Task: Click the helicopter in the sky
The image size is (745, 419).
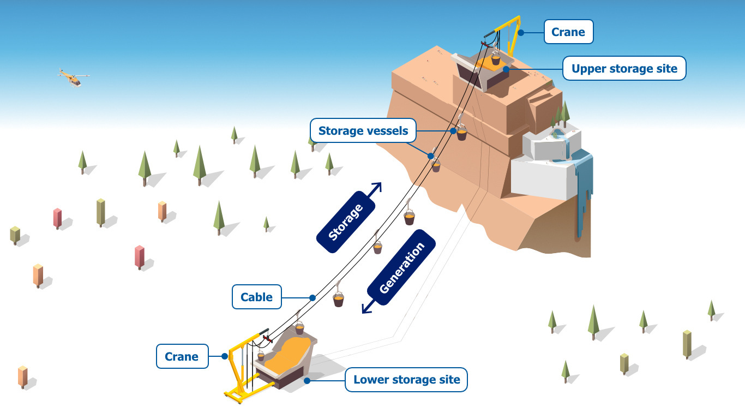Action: pyautogui.click(x=74, y=79)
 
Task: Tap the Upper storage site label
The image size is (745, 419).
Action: pyautogui.click(x=624, y=69)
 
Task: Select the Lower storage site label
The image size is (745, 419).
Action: pyautogui.click(x=406, y=380)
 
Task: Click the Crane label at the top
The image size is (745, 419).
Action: pyautogui.click(x=568, y=32)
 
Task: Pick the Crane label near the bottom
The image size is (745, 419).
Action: pyautogui.click(x=182, y=356)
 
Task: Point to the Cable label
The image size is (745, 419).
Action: pyautogui.click(x=256, y=297)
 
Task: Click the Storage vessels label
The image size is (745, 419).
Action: pyautogui.click(x=363, y=131)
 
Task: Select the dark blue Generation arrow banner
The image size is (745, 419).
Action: pyautogui.click(x=401, y=268)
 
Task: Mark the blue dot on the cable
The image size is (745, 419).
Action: pyautogui.click(x=313, y=298)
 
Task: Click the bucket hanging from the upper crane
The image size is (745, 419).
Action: pyautogui.click(x=495, y=58)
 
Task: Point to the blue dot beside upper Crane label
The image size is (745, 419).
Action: pyautogui.click(x=521, y=33)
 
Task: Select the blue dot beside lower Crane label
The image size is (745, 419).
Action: pyautogui.click(x=224, y=356)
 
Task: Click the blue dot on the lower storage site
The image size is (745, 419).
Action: pyautogui.click(x=308, y=380)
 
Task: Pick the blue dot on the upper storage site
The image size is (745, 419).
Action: pyautogui.click(x=506, y=69)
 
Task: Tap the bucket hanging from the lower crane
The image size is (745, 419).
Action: pyautogui.click(x=261, y=356)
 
